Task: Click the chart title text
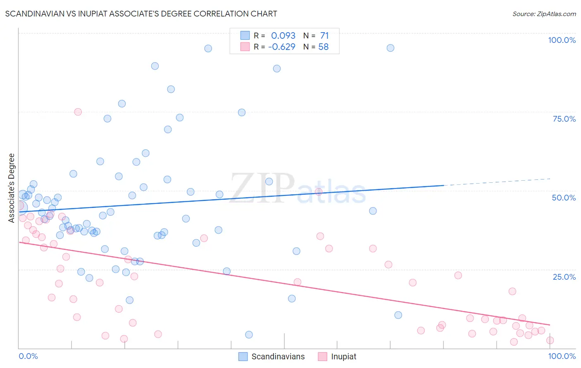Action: [141, 14]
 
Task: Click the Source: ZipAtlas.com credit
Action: [544, 14]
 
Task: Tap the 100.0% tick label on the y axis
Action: [562, 40]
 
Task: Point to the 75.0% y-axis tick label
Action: [564, 119]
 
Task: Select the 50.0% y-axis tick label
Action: [564, 198]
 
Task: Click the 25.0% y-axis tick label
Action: [564, 277]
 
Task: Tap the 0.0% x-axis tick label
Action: [28, 356]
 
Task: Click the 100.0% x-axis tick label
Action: [562, 356]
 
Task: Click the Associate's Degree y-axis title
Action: [12, 188]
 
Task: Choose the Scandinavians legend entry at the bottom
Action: [278, 356]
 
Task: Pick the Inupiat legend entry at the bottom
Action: [343, 356]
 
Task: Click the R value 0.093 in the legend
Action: [283, 36]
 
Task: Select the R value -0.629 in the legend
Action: [282, 47]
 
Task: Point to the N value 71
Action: [324, 36]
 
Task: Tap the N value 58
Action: [324, 47]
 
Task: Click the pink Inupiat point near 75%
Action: [78, 112]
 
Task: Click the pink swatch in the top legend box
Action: [245, 47]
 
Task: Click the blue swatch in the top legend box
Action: [245, 35]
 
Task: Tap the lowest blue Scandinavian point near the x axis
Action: [249, 335]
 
